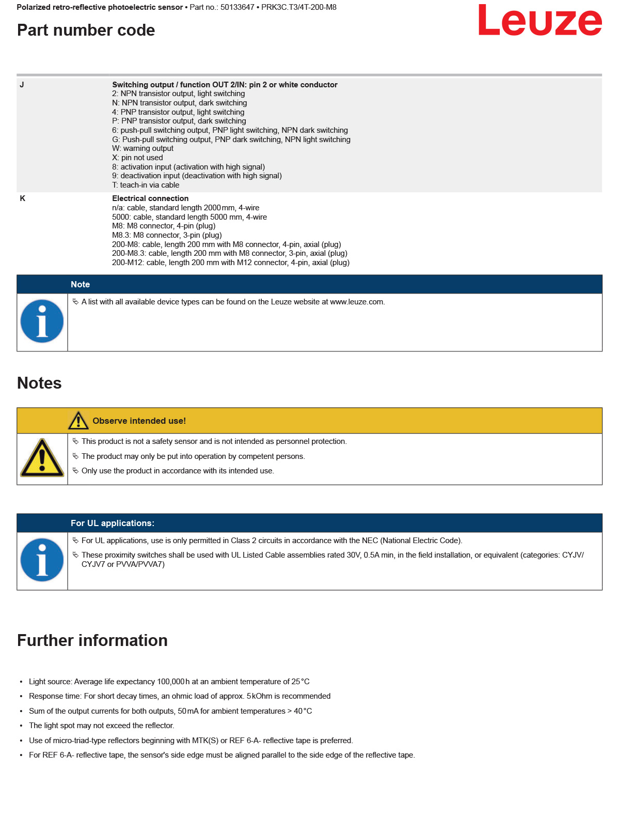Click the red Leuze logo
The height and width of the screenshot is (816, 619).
point(539,21)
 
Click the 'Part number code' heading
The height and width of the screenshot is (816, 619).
point(86,30)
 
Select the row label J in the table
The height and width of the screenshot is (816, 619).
point(22,85)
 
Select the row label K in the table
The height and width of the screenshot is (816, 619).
point(22,198)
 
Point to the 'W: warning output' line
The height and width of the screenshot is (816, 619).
point(142,148)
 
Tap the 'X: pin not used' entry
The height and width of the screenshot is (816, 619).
point(137,158)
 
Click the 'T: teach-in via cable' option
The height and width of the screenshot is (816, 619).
point(146,185)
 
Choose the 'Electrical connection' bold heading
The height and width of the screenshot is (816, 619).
point(150,198)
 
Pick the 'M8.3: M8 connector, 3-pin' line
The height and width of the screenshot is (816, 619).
point(167,235)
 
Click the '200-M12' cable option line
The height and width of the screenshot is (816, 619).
point(230,263)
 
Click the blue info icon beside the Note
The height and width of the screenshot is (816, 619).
point(42,321)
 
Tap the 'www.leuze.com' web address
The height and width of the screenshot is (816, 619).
point(357,302)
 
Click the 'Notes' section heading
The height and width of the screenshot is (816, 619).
point(39,383)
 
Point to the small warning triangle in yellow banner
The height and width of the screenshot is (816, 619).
point(78,421)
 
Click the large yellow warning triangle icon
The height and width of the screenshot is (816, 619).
point(42,458)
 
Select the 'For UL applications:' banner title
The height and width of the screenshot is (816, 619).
point(112,523)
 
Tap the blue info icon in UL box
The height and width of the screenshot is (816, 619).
point(42,560)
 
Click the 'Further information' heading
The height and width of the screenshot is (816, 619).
point(92,640)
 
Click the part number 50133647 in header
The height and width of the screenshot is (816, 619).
point(237,7)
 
